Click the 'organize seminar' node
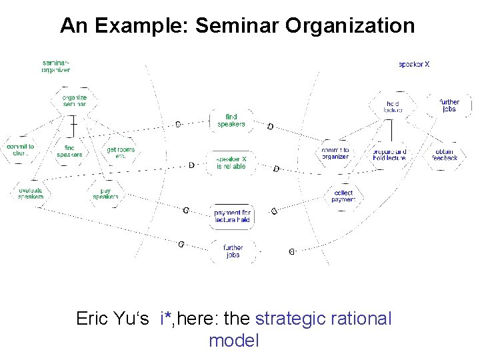75,100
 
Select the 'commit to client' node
21,150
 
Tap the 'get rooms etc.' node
121,153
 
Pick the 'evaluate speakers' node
29,193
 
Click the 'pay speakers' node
105,193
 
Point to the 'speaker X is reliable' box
231,163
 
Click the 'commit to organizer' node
335,153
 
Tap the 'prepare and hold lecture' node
389,154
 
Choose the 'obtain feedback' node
446,155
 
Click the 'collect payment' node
343,196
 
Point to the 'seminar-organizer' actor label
55,66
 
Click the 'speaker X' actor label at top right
414,65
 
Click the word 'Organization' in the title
349,26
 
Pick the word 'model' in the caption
233,341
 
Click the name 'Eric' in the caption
93,319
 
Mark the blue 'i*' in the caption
167,319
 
